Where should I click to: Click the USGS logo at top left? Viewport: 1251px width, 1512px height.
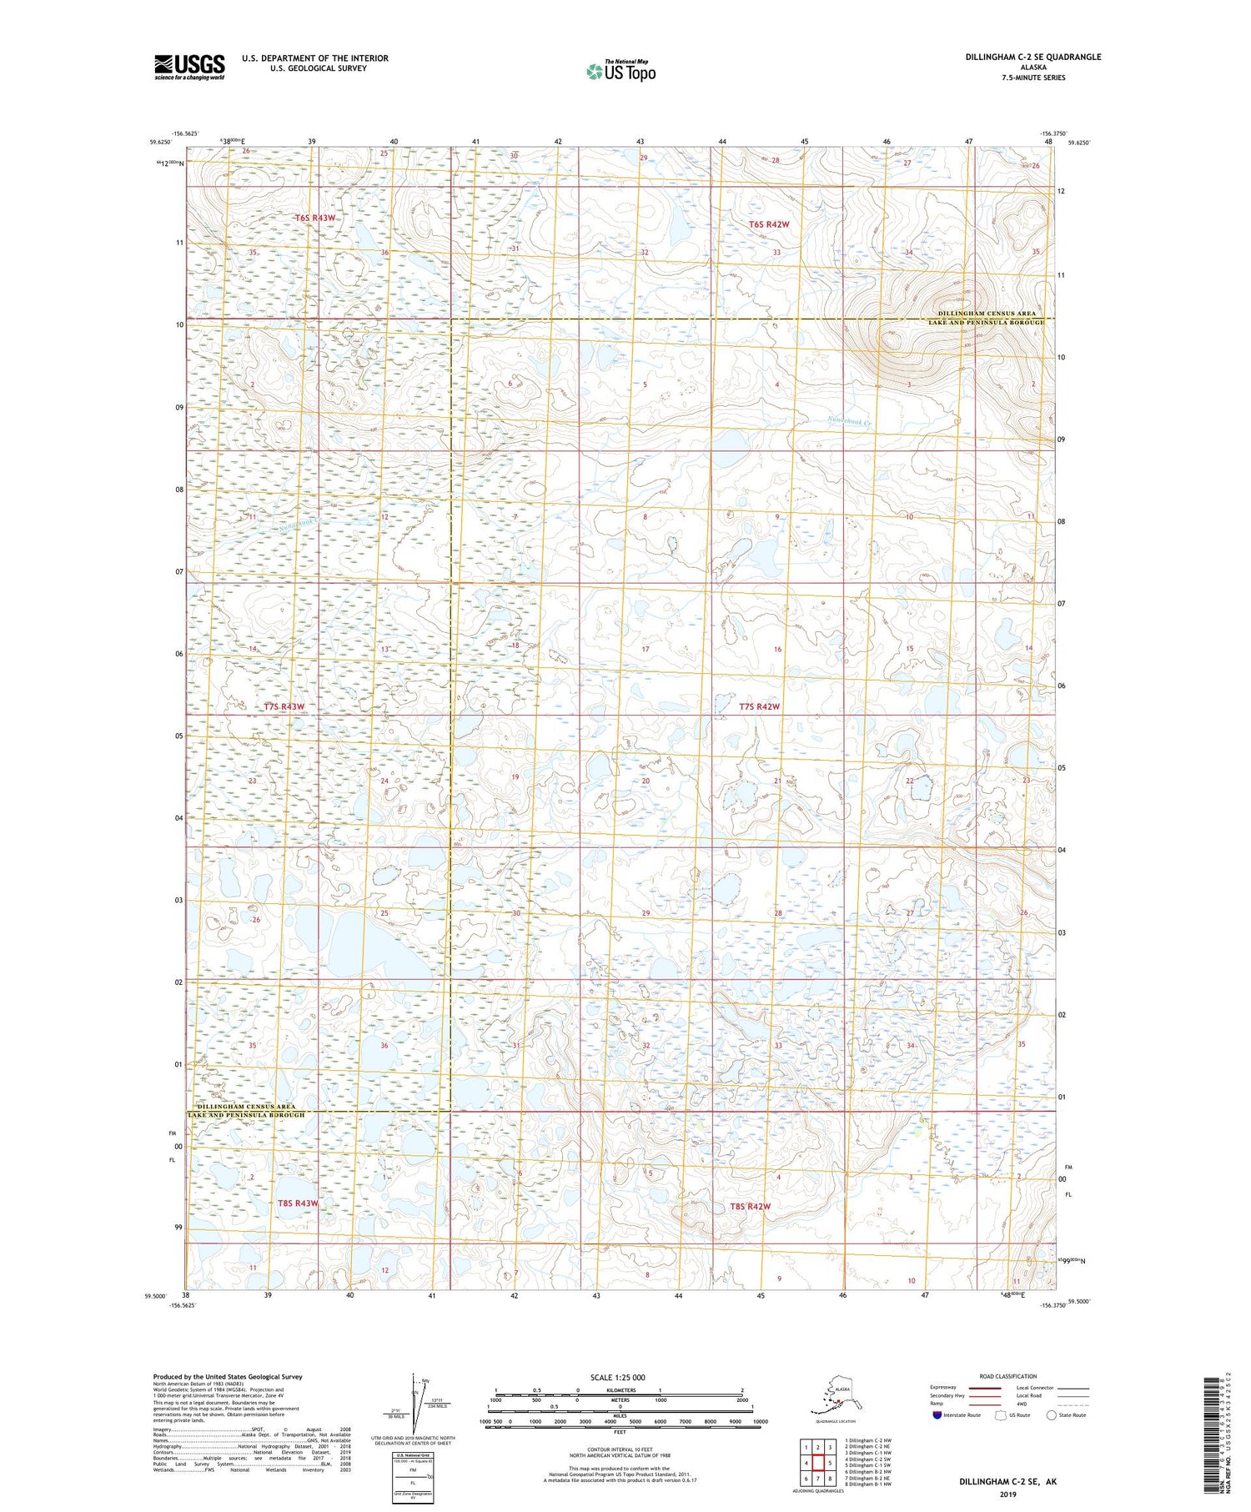(x=189, y=67)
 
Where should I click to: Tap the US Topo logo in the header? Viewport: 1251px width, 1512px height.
(x=620, y=71)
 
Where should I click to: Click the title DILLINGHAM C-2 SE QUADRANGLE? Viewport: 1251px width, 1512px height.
(x=1033, y=57)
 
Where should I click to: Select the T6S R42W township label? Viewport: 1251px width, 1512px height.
(x=768, y=224)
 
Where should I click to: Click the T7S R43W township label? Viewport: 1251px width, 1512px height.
(x=284, y=706)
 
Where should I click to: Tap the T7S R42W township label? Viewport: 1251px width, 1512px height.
(x=759, y=706)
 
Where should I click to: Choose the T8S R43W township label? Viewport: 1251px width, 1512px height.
(x=298, y=1203)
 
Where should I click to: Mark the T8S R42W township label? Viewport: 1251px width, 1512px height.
(x=750, y=1207)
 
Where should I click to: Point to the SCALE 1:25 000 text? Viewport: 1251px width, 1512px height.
(x=617, y=1377)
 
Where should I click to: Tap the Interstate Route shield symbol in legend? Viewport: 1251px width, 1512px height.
(x=937, y=1414)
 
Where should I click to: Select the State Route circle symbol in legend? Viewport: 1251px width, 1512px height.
(x=1052, y=1414)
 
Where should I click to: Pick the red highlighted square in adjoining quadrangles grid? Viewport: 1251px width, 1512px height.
(x=819, y=1462)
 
